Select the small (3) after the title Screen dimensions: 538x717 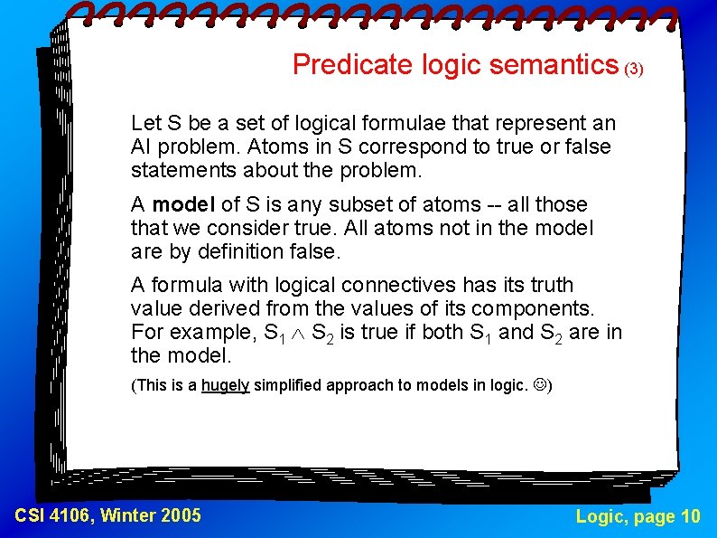pyautogui.click(x=634, y=69)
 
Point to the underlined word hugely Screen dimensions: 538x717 pyautogui.click(x=226, y=385)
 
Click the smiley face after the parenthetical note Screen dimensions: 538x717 pyautogui.click(x=538, y=385)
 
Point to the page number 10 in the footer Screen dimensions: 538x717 pyautogui.click(x=690, y=516)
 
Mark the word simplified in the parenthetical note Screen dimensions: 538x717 pyautogui.click(x=289, y=385)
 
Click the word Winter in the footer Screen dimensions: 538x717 pyautogui.click(x=126, y=515)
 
